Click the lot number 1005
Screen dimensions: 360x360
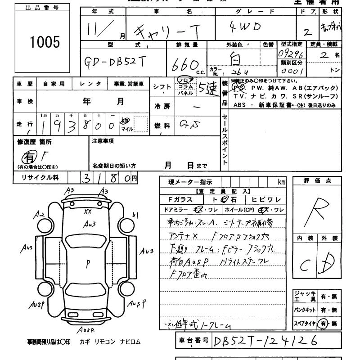(45, 42)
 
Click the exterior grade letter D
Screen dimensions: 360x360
(330, 263)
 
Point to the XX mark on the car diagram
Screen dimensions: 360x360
(88, 211)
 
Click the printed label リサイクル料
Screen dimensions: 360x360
(40, 178)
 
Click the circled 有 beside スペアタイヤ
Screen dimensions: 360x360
(321, 323)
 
